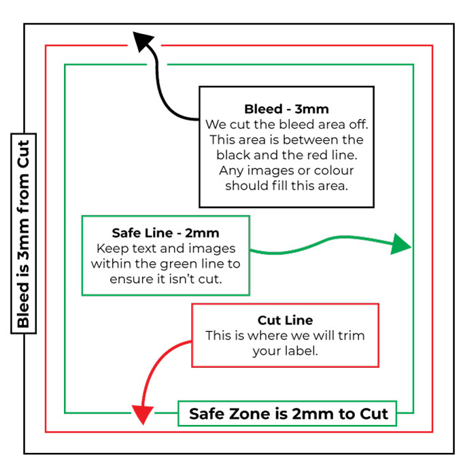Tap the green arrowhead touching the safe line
[x=402, y=245]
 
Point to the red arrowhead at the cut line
[x=142, y=413]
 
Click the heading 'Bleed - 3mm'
[x=286, y=109]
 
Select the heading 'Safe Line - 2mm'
[x=165, y=233]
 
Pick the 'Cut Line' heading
[x=285, y=320]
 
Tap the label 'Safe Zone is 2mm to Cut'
[x=288, y=413]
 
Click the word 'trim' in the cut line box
[x=349, y=336]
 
